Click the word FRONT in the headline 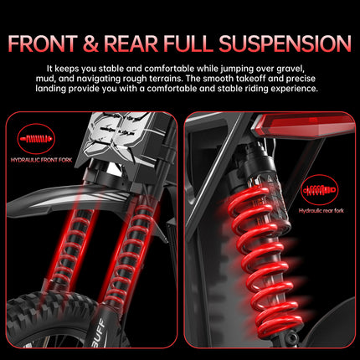tap(43, 44)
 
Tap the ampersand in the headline tap(90, 44)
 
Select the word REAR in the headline tap(131, 44)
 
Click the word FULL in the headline tap(188, 44)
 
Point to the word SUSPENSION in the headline tap(285, 44)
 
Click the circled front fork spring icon tap(36, 139)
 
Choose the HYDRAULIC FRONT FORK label tap(41, 160)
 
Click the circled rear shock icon tap(320, 190)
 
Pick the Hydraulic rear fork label tap(321, 211)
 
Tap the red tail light tap(303, 125)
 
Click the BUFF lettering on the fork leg tap(100, 332)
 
